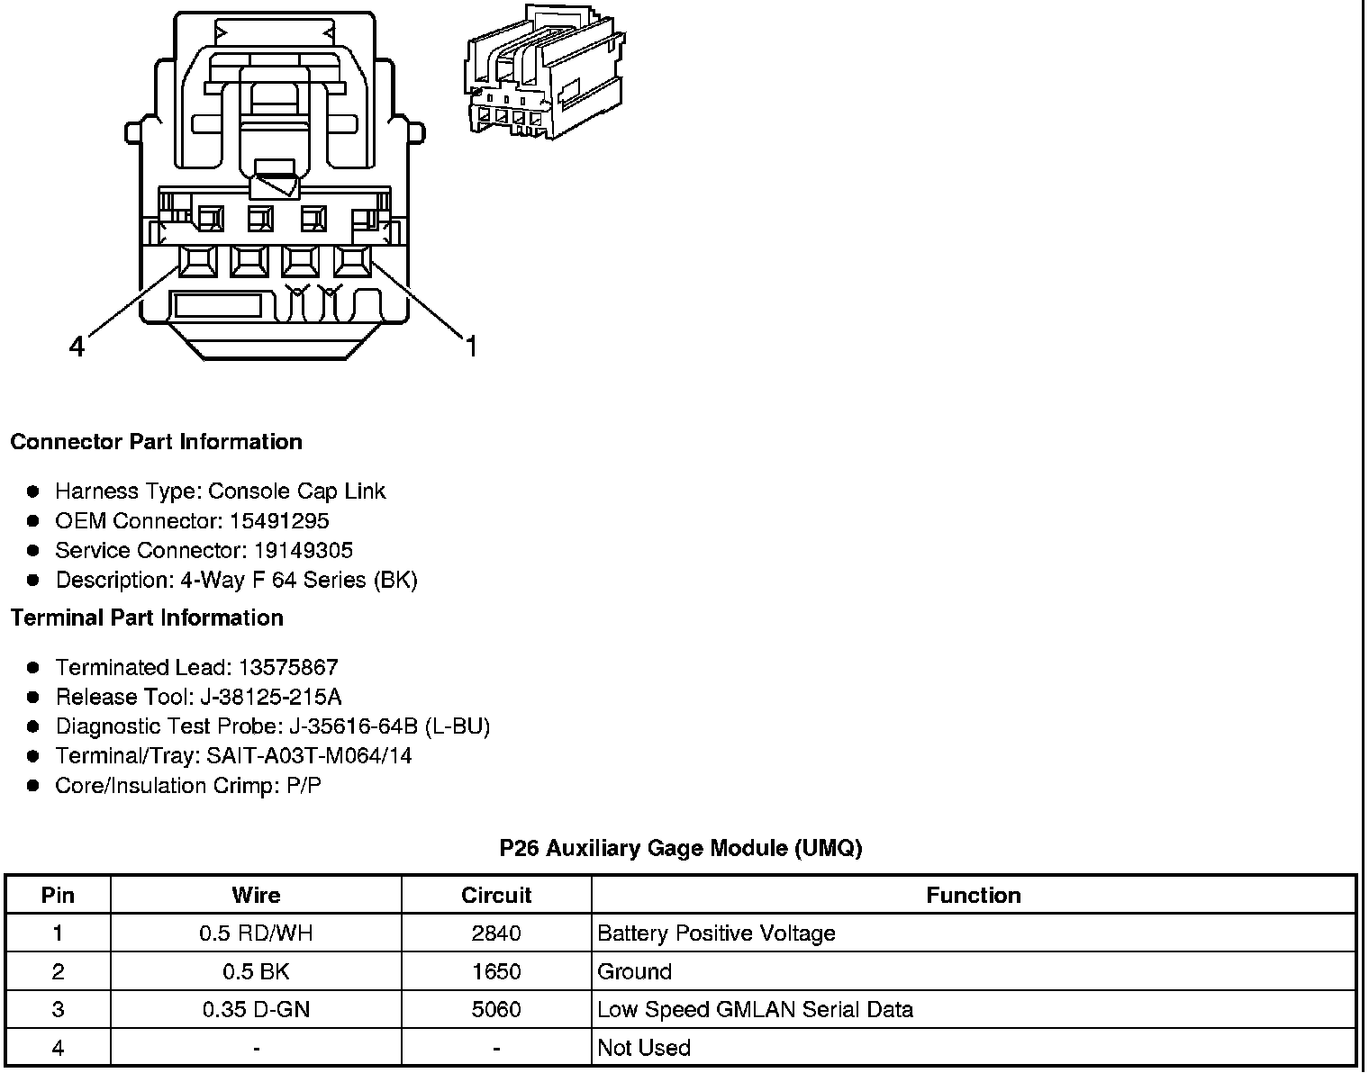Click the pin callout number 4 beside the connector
coord(77,346)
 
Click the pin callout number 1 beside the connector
coord(470,346)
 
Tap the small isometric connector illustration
coord(545,72)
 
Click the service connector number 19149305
coord(303,550)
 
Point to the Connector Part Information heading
coord(156,442)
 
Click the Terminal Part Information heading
coord(147,618)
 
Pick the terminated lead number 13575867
coord(288,667)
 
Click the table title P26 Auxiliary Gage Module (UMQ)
coord(680,848)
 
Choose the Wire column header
coord(256,896)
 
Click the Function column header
coord(973,896)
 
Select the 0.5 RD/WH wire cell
coord(256,933)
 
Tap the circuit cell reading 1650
coord(496,971)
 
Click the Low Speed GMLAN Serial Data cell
coord(755,1010)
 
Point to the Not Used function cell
coord(644,1048)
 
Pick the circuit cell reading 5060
coord(496,1010)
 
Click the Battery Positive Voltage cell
coord(716,933)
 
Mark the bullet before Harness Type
coord(33,491)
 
